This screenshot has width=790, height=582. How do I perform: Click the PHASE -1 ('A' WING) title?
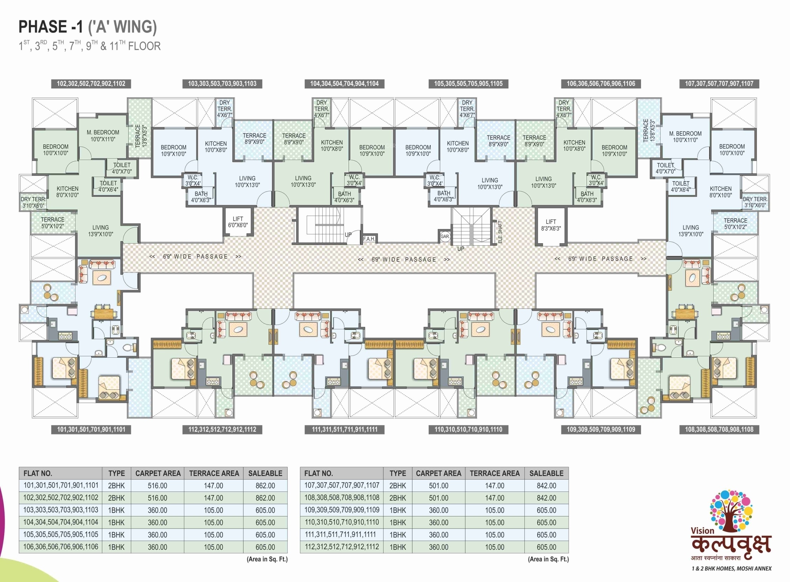87,27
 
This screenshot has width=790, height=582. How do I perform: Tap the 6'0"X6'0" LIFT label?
238,222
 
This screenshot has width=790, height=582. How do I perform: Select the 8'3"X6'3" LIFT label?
551,225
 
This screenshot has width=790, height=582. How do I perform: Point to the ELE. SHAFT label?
500,232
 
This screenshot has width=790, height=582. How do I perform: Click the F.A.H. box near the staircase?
369,239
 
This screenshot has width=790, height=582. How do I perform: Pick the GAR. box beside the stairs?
445,236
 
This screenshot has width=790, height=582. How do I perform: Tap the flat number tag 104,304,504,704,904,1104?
344,84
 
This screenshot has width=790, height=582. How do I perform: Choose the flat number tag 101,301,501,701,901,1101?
91,429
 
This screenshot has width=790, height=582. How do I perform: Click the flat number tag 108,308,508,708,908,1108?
719,429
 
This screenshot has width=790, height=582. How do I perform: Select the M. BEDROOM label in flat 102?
103,136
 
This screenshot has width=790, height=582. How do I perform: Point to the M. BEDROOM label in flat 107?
685,137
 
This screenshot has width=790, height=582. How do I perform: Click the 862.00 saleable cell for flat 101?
265,485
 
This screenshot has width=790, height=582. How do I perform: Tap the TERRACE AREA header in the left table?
214,473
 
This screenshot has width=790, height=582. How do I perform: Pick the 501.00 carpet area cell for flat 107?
438,485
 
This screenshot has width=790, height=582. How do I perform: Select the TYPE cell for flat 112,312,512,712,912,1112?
397,547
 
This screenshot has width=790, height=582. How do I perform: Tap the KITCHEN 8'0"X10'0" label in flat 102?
67,192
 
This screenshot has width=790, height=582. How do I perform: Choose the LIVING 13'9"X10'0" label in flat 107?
691,231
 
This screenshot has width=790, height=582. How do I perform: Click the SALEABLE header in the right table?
546,473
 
